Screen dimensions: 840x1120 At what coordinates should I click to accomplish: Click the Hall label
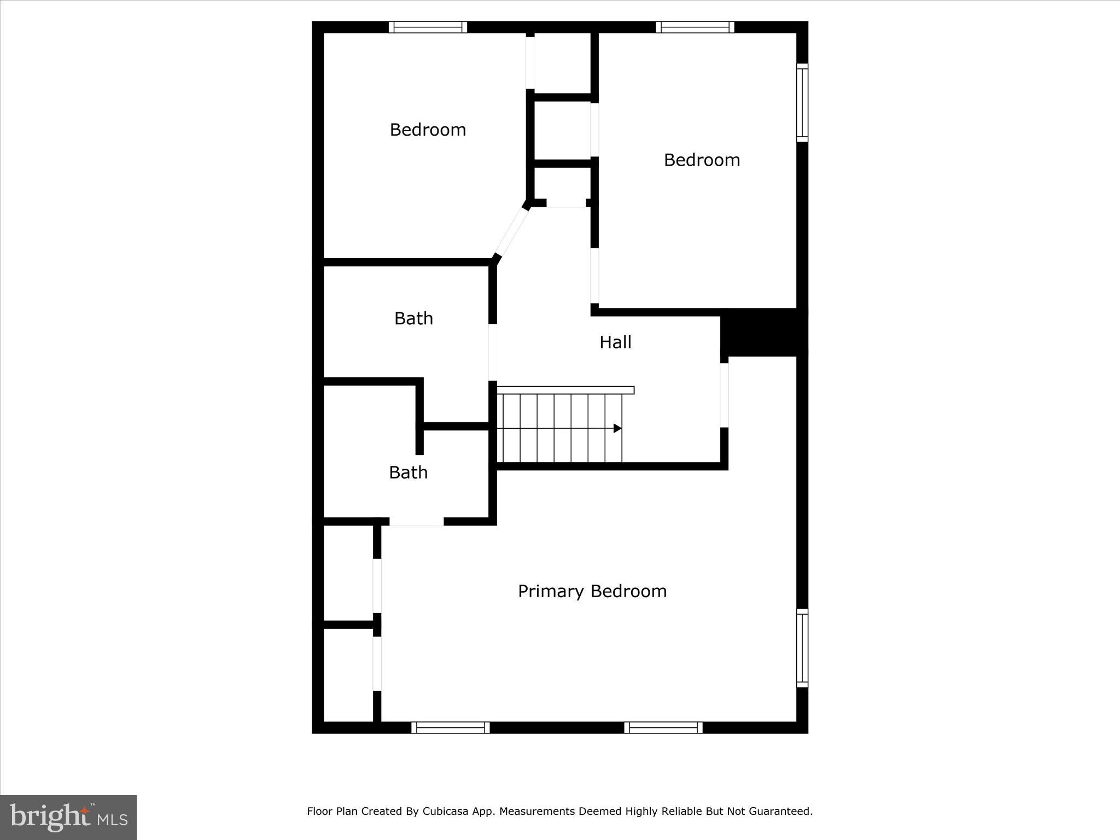pyautogui.click(x=615, y=342)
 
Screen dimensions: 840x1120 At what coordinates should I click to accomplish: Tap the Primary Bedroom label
pyautogui.click(x=592, y=591)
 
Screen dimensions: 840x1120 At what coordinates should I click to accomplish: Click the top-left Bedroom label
pyautogui.click(x=428, y=130)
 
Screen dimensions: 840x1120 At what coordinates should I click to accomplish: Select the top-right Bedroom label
pyautogui.click(x=702, y=160)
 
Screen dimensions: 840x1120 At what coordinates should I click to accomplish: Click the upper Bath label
pyautogui.click(x=413, y=318)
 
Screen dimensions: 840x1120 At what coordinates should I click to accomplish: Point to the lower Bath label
pyautogui.click(x=408, y=472)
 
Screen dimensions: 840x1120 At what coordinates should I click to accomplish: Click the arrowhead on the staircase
pyautogui.click(x=617, y=428)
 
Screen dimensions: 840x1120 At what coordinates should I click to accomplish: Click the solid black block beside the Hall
pyautogui.click(x=763, y=332)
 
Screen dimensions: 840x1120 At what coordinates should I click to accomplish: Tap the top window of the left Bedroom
pyautogui.click(x=428, y=27)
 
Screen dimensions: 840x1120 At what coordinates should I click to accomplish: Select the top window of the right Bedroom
pyautogui.click(x=695, y=27)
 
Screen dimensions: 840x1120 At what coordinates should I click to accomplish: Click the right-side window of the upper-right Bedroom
pyautogui.click(x=802, y=102)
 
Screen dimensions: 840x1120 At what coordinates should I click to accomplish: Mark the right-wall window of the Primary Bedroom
pyautogui.click(x=802, y=648)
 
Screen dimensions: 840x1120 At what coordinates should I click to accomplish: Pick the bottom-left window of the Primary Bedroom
pyautogui.click(x=450, y=727)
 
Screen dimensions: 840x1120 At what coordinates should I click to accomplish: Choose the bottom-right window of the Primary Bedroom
pyautogui.click(x=663, y=727)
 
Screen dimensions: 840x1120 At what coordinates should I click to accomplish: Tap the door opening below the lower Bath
pyautogui.click(x=416, y=522)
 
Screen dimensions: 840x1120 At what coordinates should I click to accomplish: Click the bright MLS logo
pyautogui.click(x=68, y=817)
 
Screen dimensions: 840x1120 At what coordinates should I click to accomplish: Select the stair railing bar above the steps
pyautogui.click(x=565, y=390)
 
